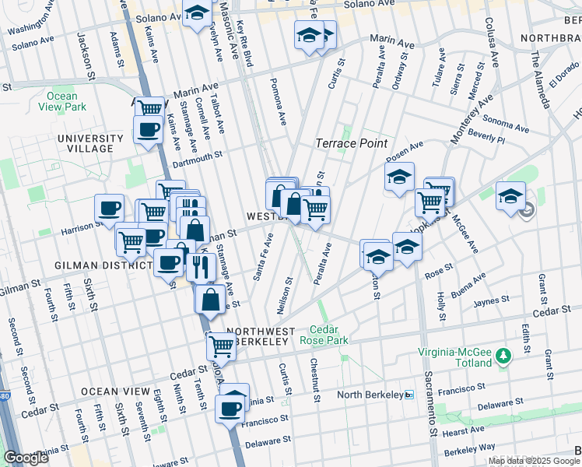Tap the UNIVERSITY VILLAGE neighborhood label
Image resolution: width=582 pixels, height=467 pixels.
[x=90, y=144]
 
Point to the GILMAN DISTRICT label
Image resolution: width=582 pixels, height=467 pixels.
[x=103, y=265]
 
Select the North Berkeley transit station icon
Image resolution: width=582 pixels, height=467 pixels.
[x=409, y=395]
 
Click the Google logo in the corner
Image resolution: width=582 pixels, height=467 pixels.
[x=26, y=457]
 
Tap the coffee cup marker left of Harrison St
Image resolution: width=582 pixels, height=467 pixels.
[x=109, y=209]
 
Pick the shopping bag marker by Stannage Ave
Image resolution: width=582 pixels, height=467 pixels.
[x=211, y=299]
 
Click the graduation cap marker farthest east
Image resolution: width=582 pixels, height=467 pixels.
[x=511, y=195]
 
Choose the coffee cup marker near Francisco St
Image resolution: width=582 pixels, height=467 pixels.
[x=230, y=409]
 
